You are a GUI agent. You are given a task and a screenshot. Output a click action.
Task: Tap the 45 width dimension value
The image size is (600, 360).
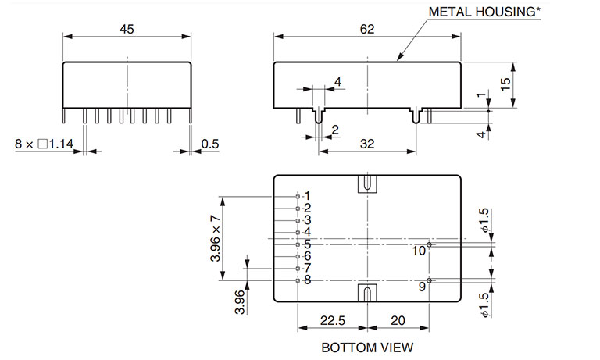(x=127, y=29)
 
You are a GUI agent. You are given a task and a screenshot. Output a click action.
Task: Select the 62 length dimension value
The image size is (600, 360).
(x=367, y=29)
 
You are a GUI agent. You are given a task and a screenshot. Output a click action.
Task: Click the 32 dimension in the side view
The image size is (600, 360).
(x=367, y=144)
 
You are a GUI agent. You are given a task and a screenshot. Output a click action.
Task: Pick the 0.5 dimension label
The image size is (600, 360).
(x=209, y=144)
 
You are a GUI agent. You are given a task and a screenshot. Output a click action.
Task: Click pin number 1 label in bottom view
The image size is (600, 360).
(x=308, y=195)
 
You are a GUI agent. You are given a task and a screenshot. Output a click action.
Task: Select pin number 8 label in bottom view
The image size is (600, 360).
(x=308, y=280)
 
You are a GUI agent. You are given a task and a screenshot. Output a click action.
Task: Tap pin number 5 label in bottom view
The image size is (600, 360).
(x=308, y=244)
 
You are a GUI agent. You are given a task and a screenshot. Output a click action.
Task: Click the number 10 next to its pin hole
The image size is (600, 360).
(x=420, y=251)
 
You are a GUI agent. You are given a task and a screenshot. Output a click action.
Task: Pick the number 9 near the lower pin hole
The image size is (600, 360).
(x=422, y=287)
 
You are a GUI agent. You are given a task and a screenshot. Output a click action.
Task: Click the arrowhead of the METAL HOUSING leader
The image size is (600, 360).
(x=400, y=57)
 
